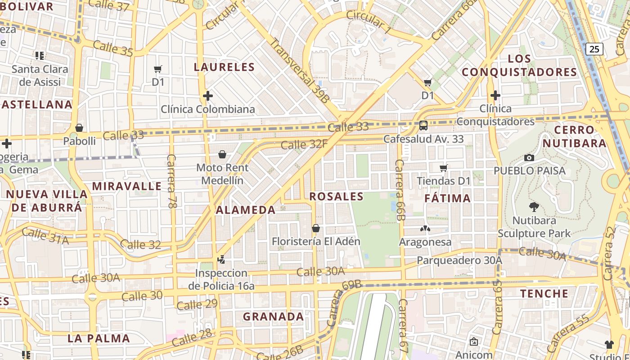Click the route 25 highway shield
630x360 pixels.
click(594, 49)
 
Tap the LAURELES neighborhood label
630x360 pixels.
click(224, 67)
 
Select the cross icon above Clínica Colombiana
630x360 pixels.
click(207, 96)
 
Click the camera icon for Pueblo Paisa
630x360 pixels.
click(529, 157)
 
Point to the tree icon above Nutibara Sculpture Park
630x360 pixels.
click(534, 207)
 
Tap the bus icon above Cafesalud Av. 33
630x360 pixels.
click(423, 125)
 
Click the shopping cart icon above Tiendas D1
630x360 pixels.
click(444, 168)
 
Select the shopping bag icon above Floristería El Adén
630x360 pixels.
click(316, 228)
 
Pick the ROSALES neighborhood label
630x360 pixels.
click(337, 196)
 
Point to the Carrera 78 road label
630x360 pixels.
click(171, 181)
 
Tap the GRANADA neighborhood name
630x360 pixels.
click(274, 317)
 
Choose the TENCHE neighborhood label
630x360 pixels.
click(544, 294)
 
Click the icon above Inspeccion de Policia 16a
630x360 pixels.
click(221, 259)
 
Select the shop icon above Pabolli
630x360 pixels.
click(79, 128)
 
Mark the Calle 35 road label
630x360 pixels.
click(113, 49)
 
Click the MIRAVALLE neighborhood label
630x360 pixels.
click(127, 186)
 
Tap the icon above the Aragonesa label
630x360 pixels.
click(425, 229)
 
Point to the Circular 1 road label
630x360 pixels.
click(369, 22)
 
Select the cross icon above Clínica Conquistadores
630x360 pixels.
click(495, 95)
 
